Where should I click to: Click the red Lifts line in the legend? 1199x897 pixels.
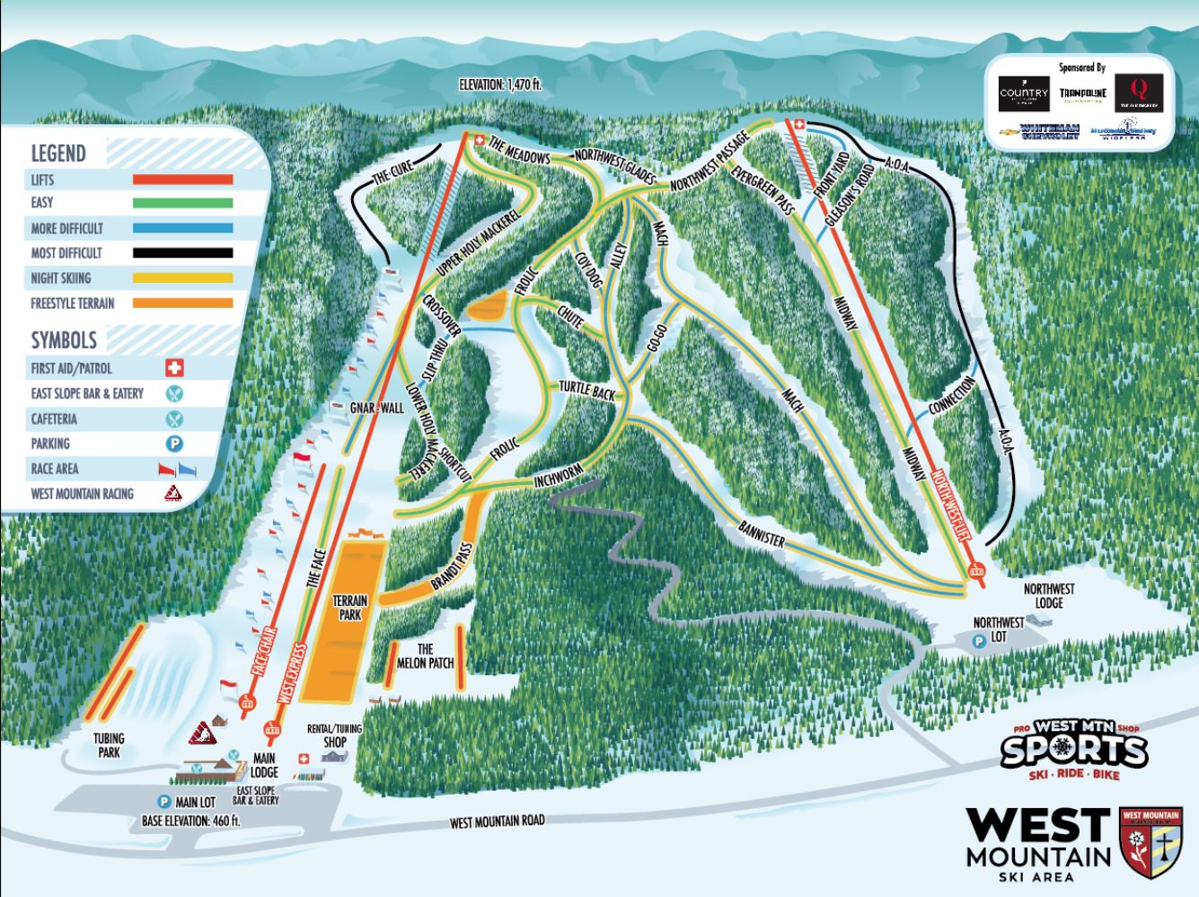click(182, 180)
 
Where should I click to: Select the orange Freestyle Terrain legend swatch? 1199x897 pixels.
click(182, 303)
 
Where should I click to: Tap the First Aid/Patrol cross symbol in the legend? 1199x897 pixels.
click(174, 368)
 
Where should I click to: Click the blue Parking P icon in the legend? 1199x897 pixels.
click(174, 444)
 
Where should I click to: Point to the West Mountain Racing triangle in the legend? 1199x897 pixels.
click(174, 493)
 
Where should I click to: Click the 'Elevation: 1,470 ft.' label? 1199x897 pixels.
click(500, 86)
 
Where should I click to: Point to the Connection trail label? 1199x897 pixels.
click(952, 396)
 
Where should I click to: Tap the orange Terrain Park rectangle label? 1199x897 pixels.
click(347, 607)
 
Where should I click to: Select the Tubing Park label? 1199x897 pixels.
click(109, 745)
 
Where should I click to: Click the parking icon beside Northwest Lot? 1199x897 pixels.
click(978, 640)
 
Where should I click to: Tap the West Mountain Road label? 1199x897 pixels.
click(497, 821)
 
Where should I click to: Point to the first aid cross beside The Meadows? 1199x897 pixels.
click(479, 140)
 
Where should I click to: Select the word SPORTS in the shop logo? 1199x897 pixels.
click(1073, 751)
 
